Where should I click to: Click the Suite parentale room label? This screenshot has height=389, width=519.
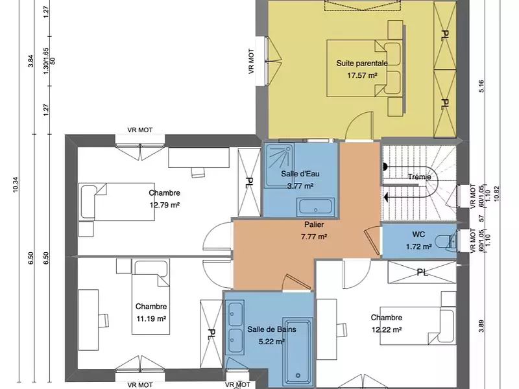[361, 64]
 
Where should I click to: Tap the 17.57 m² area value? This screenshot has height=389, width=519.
[361, 75]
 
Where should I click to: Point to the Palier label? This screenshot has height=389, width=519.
[313, 224]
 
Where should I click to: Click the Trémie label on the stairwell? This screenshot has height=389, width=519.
[420, 177]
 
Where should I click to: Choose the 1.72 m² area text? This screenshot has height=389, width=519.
[418, 246]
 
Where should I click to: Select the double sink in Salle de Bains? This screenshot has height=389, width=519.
[234, 324]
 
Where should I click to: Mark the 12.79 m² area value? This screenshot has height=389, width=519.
[164, 205]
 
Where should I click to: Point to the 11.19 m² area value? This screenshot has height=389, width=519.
[152, 318]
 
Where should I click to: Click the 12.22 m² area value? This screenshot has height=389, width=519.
[386, 329]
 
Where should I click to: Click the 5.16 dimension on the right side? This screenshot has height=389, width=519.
[481, 86]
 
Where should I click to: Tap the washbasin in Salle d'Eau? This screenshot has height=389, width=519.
[316, 208]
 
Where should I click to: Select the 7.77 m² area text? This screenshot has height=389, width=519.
[313, 237]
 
